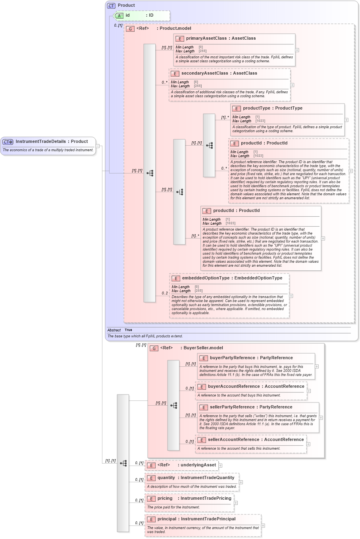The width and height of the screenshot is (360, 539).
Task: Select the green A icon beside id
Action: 119,15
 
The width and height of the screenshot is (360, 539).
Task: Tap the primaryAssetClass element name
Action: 206,38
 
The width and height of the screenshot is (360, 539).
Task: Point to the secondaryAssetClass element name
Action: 204,73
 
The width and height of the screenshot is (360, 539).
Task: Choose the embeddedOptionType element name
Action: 206,278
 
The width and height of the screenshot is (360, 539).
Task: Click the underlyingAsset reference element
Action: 198,465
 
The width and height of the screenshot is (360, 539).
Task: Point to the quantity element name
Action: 166,478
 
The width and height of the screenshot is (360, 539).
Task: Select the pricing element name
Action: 165,499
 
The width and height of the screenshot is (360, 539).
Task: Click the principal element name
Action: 167,519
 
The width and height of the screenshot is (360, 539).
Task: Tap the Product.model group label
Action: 175,29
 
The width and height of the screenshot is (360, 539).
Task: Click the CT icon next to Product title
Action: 111,6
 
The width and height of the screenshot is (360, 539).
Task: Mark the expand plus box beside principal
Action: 263,526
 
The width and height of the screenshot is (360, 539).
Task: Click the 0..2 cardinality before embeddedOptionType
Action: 165,293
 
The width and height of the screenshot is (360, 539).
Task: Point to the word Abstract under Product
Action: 114,330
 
